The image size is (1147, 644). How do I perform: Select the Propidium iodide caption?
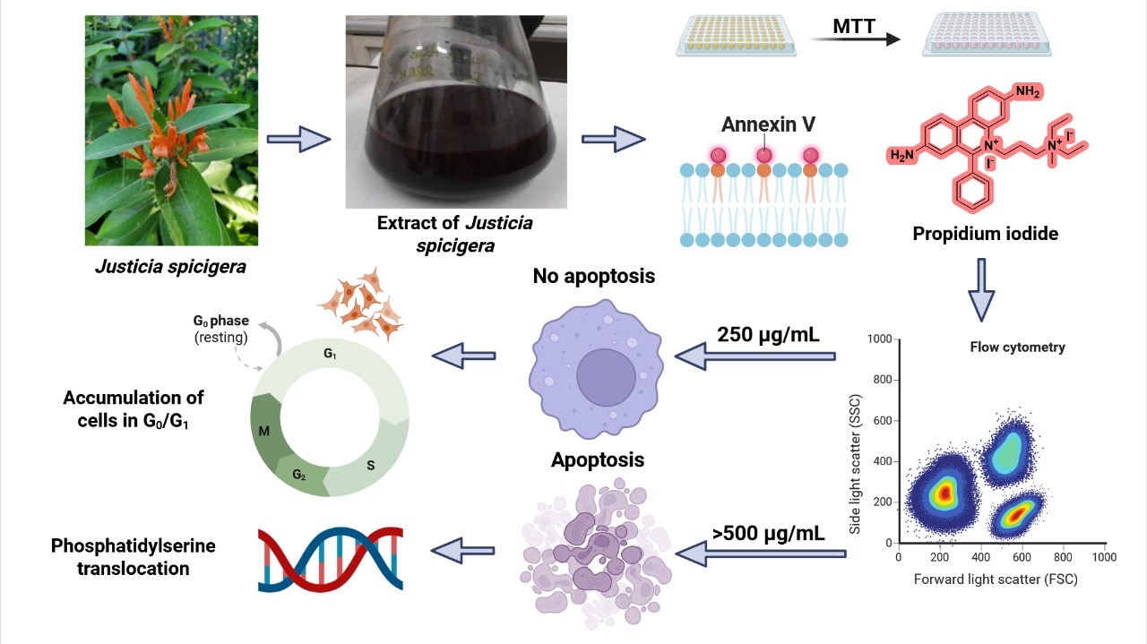point(985,234)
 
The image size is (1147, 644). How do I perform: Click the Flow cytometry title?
point(1017,347)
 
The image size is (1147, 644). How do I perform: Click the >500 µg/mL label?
point(768,534)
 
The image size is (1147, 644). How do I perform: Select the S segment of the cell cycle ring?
point(370,466)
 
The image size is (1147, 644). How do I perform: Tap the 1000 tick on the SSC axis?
point(882,339)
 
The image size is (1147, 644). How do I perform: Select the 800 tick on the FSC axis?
point(1064,556)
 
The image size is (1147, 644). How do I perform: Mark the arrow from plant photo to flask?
point(299,140)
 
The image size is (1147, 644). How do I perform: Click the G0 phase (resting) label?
point(220,328)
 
